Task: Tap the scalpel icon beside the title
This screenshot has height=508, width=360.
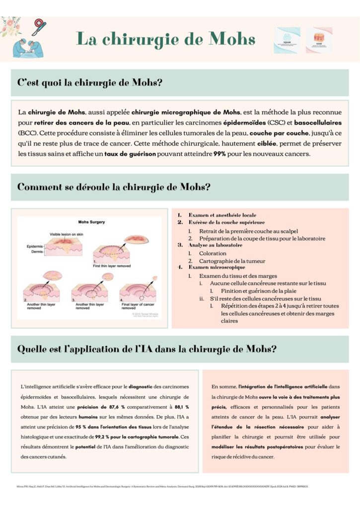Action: click(x=39, y=26)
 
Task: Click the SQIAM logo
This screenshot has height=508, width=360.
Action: click(x=287, y=40)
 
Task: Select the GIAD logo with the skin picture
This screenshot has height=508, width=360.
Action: click(x=319, y=40)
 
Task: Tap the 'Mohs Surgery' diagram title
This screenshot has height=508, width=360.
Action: click(x=92, y=222)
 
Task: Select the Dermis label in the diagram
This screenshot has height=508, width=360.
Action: click(x=37, y=253)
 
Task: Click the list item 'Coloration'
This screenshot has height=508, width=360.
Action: click(x=213, y=253)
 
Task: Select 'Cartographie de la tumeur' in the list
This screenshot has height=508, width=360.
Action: click(x=232, y=261)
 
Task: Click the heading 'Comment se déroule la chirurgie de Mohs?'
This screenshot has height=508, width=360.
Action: click(x=114, y=188)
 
